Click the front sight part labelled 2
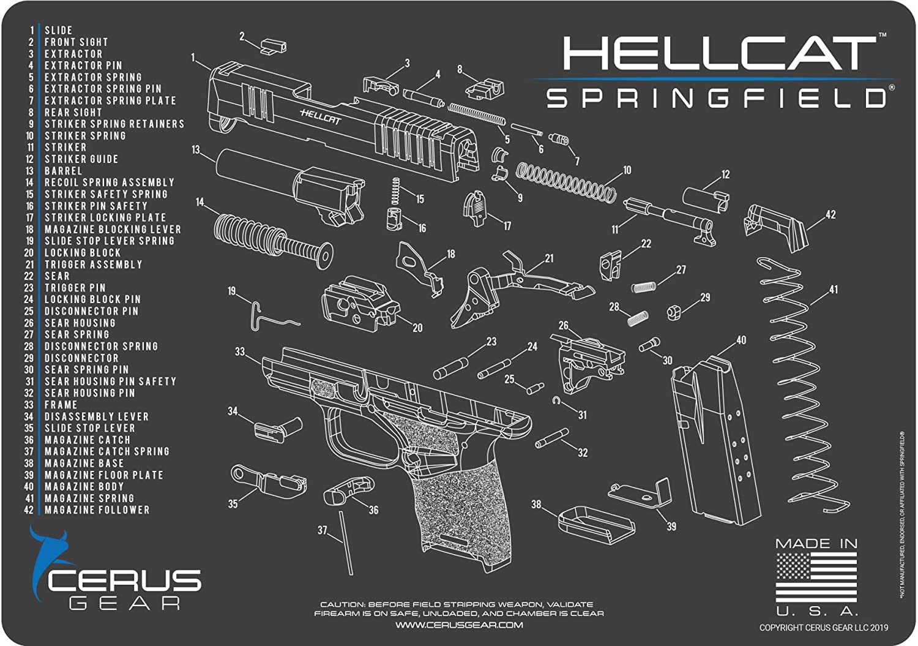(274, 47)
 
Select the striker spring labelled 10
(565, 182)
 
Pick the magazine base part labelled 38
(597, 525)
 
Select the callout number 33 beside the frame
(240, 351)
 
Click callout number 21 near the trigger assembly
(549, 258)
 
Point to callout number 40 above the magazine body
(741, 340)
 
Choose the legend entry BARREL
(64, 171)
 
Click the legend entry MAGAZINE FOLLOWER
(97, 510)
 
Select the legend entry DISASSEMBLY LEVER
(97, 416)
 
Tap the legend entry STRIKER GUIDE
(81, 159)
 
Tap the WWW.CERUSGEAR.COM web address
(459, 625)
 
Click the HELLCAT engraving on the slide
(321, 117)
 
